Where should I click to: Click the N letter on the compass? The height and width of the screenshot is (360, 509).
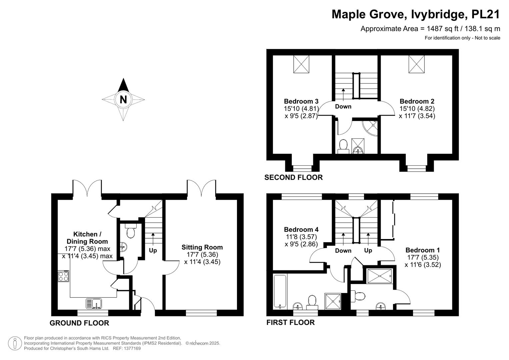[123, 99]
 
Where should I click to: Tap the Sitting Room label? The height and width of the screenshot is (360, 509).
[202, 247]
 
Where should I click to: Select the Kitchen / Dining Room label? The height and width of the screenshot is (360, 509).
[87, 238]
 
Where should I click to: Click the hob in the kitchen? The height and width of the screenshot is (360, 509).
[63, 276]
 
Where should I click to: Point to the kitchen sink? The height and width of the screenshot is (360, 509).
[94, 304]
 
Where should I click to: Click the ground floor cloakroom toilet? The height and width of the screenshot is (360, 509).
[131, 231]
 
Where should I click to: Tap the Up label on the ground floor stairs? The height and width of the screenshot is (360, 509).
[153, 250]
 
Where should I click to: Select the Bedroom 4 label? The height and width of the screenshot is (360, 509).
[301, 230]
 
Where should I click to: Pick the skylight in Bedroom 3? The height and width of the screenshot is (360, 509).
[301, 64]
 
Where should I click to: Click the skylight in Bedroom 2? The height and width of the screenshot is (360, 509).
[417, 64]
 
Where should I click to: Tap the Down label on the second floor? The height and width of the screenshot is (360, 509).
[343, 106]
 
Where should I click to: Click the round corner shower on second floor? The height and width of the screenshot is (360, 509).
[370, 128]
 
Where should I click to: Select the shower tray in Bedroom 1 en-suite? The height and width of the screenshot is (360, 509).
[380, 276]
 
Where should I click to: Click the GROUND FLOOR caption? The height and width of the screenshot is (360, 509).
[79, 323]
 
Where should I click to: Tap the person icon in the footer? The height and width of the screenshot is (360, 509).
[15, 343]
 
